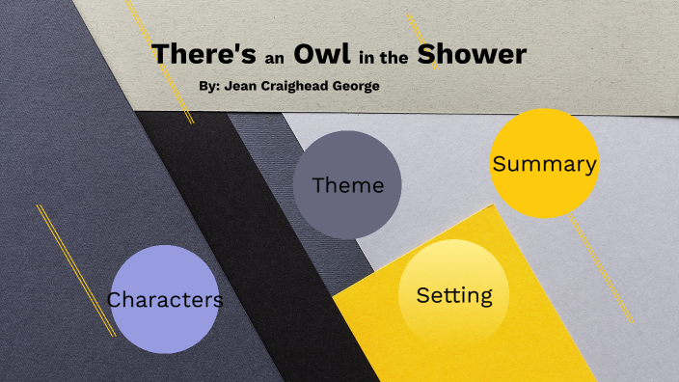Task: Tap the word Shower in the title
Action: (x=472, y=54)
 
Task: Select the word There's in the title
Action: (x=203, y=54)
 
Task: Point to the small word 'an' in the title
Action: (x=273, y=57)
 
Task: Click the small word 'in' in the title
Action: (x=366, y=57)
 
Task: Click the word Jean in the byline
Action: (x=242, y=86)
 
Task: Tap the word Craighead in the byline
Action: (x=295, y=86)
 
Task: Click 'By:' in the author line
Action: (x=209, y=86)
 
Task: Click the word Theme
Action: (x=347, y=185)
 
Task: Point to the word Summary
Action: (x=544, y=164)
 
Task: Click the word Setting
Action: (x=454, y=295)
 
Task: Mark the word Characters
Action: (x=165, y=300)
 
